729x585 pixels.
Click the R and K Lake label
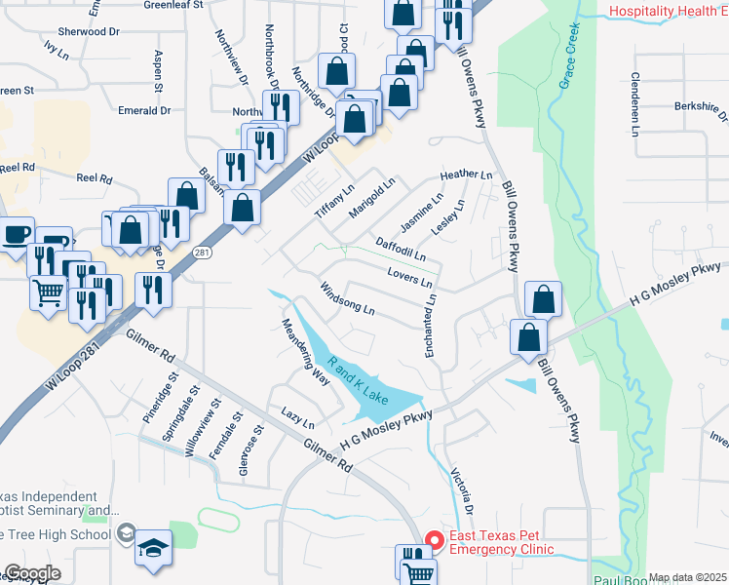[x=358, y=381]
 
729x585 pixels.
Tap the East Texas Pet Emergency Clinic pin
[x=436, y=537]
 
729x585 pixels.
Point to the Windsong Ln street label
[x=347, y=298]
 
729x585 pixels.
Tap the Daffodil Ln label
[x=401, y=248]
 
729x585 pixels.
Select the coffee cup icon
[x=17, y=234]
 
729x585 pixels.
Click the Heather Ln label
[x=466, y=175]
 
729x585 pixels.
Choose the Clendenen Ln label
[x=635, y=103]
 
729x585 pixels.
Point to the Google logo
[x=32, y=573]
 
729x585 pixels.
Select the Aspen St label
[x=157, y=67]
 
